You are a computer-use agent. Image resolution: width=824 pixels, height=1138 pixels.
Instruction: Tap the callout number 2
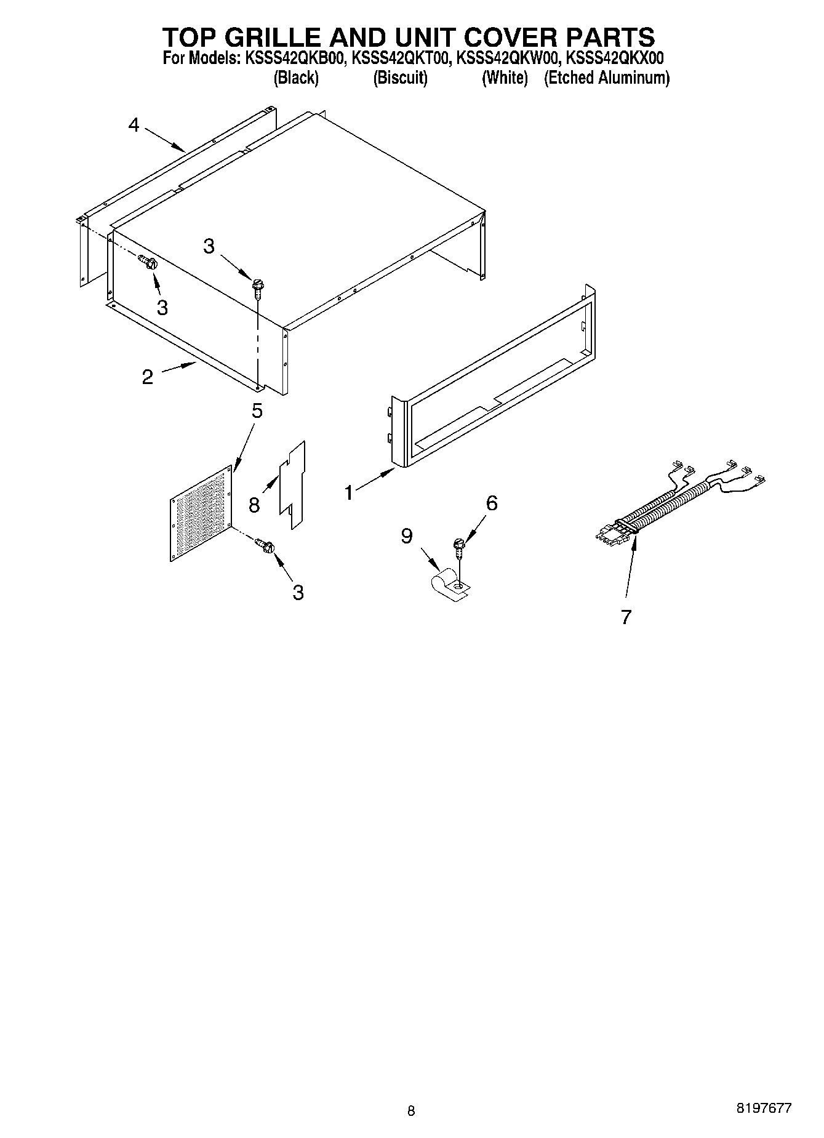point(147,377)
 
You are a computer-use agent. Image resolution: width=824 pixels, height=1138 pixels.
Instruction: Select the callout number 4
point(134,125)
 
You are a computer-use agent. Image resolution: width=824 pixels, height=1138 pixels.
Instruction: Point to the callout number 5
point(257,411)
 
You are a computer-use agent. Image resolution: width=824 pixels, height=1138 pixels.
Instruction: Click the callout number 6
point(491,503)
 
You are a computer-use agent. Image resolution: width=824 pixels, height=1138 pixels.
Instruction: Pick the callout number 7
point(626,617)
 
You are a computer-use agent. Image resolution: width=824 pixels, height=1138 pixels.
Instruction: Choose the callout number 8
point(254,505)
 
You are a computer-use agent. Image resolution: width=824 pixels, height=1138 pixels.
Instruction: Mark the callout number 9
point(406,536)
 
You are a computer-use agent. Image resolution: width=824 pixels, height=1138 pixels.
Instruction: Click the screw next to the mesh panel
point(266,546)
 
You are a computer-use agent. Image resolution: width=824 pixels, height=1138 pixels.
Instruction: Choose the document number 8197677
point(763,1108)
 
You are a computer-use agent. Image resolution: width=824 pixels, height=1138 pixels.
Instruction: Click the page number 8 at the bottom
point(411,1111)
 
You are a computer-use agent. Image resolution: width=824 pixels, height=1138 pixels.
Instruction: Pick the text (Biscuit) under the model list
point(400,78)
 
